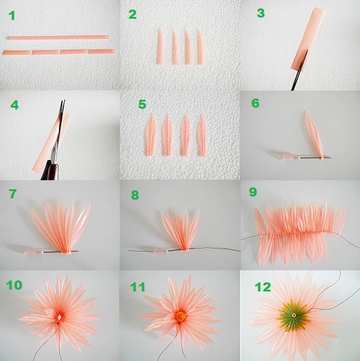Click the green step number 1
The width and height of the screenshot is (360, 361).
pos(11,16)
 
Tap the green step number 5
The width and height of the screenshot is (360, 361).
pos(142,104)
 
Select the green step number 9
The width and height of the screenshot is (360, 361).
pos(253,192)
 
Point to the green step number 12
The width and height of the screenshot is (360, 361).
pos(263,287)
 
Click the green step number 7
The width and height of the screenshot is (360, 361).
pos(13,194)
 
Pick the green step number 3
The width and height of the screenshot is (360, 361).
pos(261,13)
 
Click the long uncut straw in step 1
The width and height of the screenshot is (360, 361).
pos(59,37)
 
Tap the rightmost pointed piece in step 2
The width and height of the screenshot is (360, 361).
pos(201,47)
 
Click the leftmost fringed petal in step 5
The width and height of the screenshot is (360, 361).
pos(151,135)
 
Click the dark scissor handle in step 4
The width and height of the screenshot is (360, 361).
pos(50,170)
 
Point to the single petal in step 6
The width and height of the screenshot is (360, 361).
pos(313,135)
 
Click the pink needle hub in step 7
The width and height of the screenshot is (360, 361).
pos(33,252)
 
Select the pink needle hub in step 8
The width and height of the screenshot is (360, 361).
pos(160,251)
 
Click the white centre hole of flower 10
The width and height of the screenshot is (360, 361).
pos(60,317)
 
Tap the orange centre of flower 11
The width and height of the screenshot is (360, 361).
pos(180,316)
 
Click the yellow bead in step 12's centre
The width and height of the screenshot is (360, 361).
pos(294,315)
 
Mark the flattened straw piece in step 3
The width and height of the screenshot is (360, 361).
pos(308,39)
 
